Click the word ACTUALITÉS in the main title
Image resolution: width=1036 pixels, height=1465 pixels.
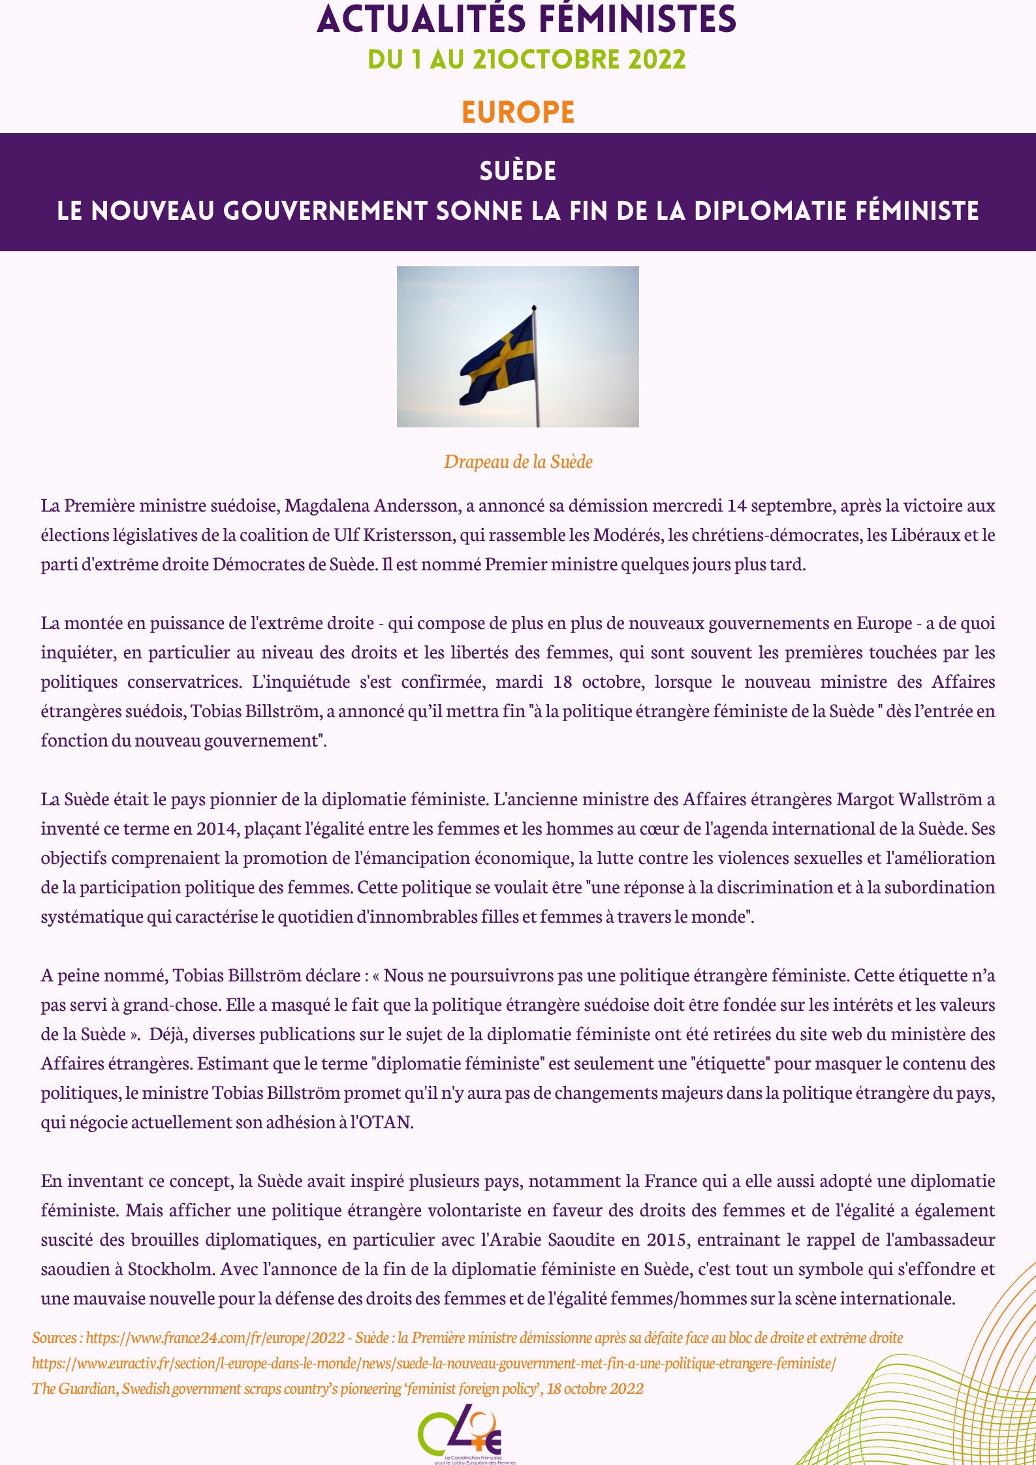tap(421, 20)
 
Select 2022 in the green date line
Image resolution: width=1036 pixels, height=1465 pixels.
tap(657, 60)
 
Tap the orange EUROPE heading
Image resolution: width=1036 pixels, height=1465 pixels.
tap(518, 112)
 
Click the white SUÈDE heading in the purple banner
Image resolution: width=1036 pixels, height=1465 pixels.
tap(518, 171)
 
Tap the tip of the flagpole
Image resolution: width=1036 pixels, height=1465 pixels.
tap(534, 307)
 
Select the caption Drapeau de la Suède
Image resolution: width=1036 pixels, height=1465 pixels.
tap(518, 462)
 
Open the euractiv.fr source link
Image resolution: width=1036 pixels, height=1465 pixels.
tap(433, 1363)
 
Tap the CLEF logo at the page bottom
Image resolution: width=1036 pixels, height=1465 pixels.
tap(460, 1432)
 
